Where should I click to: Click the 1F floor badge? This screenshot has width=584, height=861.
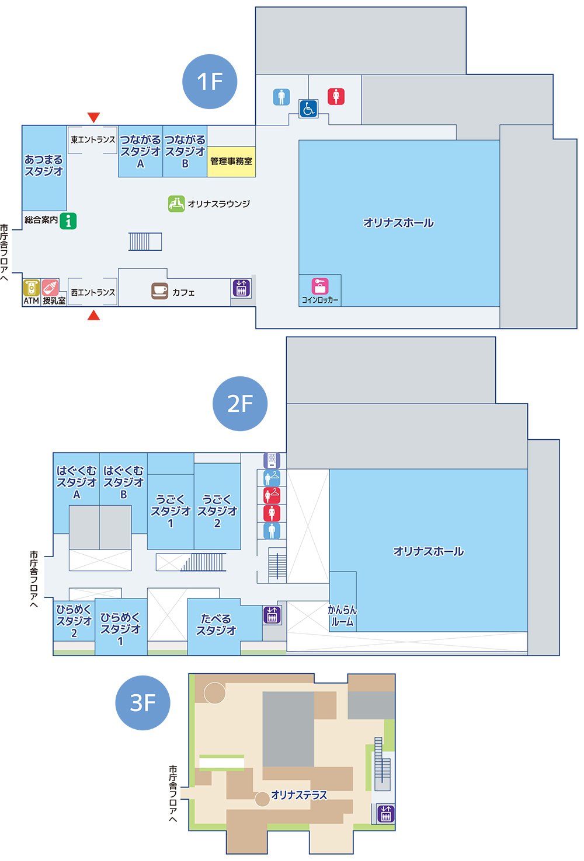pos(210,82)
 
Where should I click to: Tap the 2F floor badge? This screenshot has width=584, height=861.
pos(240,404)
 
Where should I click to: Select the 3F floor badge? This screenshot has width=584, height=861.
pos(142,703)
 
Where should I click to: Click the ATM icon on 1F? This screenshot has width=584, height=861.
pos(32,288)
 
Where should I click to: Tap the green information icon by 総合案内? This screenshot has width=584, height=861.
pos(68,221)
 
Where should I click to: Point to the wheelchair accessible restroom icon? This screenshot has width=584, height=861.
pos(308,108)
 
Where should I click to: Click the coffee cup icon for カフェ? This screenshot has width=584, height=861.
pos(159,291)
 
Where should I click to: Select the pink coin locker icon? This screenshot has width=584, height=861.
pos(320,286)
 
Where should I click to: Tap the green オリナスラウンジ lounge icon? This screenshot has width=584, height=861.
pos(176,204)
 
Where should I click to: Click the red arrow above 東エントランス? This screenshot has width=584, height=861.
pos(93,117)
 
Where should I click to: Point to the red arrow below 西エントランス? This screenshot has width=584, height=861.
pos(93,316)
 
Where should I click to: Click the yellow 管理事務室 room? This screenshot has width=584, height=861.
pos(232,162)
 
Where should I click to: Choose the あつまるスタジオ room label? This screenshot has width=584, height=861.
pos(44,165)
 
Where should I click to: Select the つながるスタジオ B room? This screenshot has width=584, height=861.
pos(185,152)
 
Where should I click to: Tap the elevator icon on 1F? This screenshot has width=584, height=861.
pos(241,288)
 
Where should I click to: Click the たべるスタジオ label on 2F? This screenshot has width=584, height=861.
pos(216,625)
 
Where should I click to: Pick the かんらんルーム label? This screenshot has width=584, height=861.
pos(342,616)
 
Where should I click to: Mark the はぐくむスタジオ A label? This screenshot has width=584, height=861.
pos(77,482)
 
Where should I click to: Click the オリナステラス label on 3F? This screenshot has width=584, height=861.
pos(299,795)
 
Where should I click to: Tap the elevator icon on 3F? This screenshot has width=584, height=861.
pos(385,813)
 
